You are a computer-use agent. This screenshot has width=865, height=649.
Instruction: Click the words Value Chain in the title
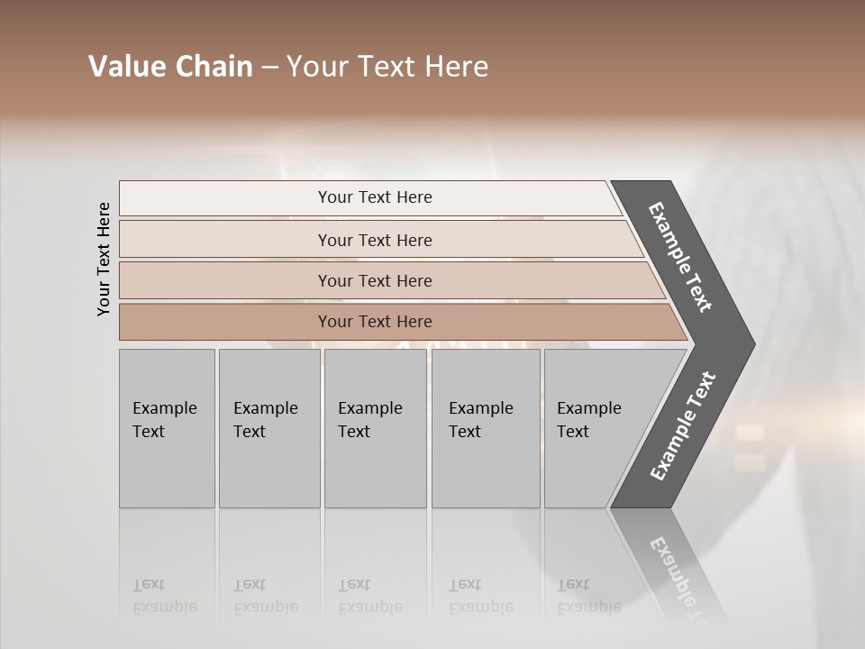pos(170,67)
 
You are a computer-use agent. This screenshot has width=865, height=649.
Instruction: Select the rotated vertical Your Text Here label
pos(104,260)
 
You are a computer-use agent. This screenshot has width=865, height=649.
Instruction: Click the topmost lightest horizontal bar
pos(374,197)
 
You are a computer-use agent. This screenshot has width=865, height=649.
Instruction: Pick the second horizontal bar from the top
pos(374,240)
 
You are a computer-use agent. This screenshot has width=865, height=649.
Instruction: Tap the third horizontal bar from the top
pos(374,280)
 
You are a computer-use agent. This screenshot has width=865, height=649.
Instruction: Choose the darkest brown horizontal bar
pos(374,322)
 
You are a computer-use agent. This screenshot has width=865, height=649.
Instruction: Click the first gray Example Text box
pos(167,428)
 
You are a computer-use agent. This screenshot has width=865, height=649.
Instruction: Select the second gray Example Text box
pos(269,428)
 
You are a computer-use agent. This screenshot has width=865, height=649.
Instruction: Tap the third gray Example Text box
pos(375,428)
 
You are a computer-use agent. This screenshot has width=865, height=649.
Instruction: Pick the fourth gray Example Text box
pos(486,428)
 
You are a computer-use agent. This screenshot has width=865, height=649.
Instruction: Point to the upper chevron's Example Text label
pos(680,257)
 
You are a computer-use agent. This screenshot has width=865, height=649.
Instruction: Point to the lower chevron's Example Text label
pos(683,426)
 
